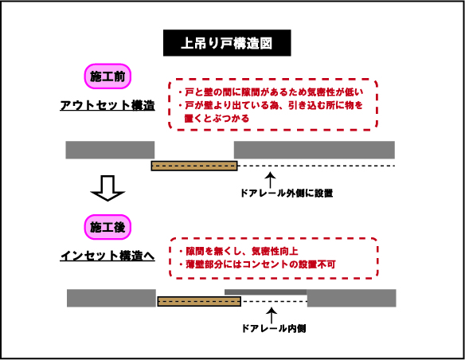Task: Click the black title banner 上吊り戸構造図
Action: (x=227, y=43)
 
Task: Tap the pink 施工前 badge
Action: (x=107, y=76)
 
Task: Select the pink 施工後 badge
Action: (x=107, y=227)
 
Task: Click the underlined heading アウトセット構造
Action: (x=107, y=106)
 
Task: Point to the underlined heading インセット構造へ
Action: (x=107, y=256)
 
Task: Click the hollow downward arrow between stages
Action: (x=107, y=188)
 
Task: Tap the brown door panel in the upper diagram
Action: (x=194, y=166)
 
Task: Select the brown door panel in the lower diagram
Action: (x=199, y=301)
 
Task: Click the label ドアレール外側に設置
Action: (x=287, y=194)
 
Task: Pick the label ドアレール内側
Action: (x=274, y=329)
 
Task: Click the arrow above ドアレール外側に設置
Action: (x=270, y=180)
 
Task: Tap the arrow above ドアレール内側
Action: (x=272, y=315)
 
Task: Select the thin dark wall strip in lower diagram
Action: (x=265, y=292)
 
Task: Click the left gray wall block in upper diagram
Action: (x=110, y=150)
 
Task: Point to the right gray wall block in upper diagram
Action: (x=315, y=150)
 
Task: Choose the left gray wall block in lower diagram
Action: (x=111, y=298)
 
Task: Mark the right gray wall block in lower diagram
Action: (x=351, y=298)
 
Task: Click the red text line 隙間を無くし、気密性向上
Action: (x=239, y=251)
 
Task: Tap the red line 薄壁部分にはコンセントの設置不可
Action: (x=257, y=264)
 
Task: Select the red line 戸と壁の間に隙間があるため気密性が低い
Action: (x=271, y=92)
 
